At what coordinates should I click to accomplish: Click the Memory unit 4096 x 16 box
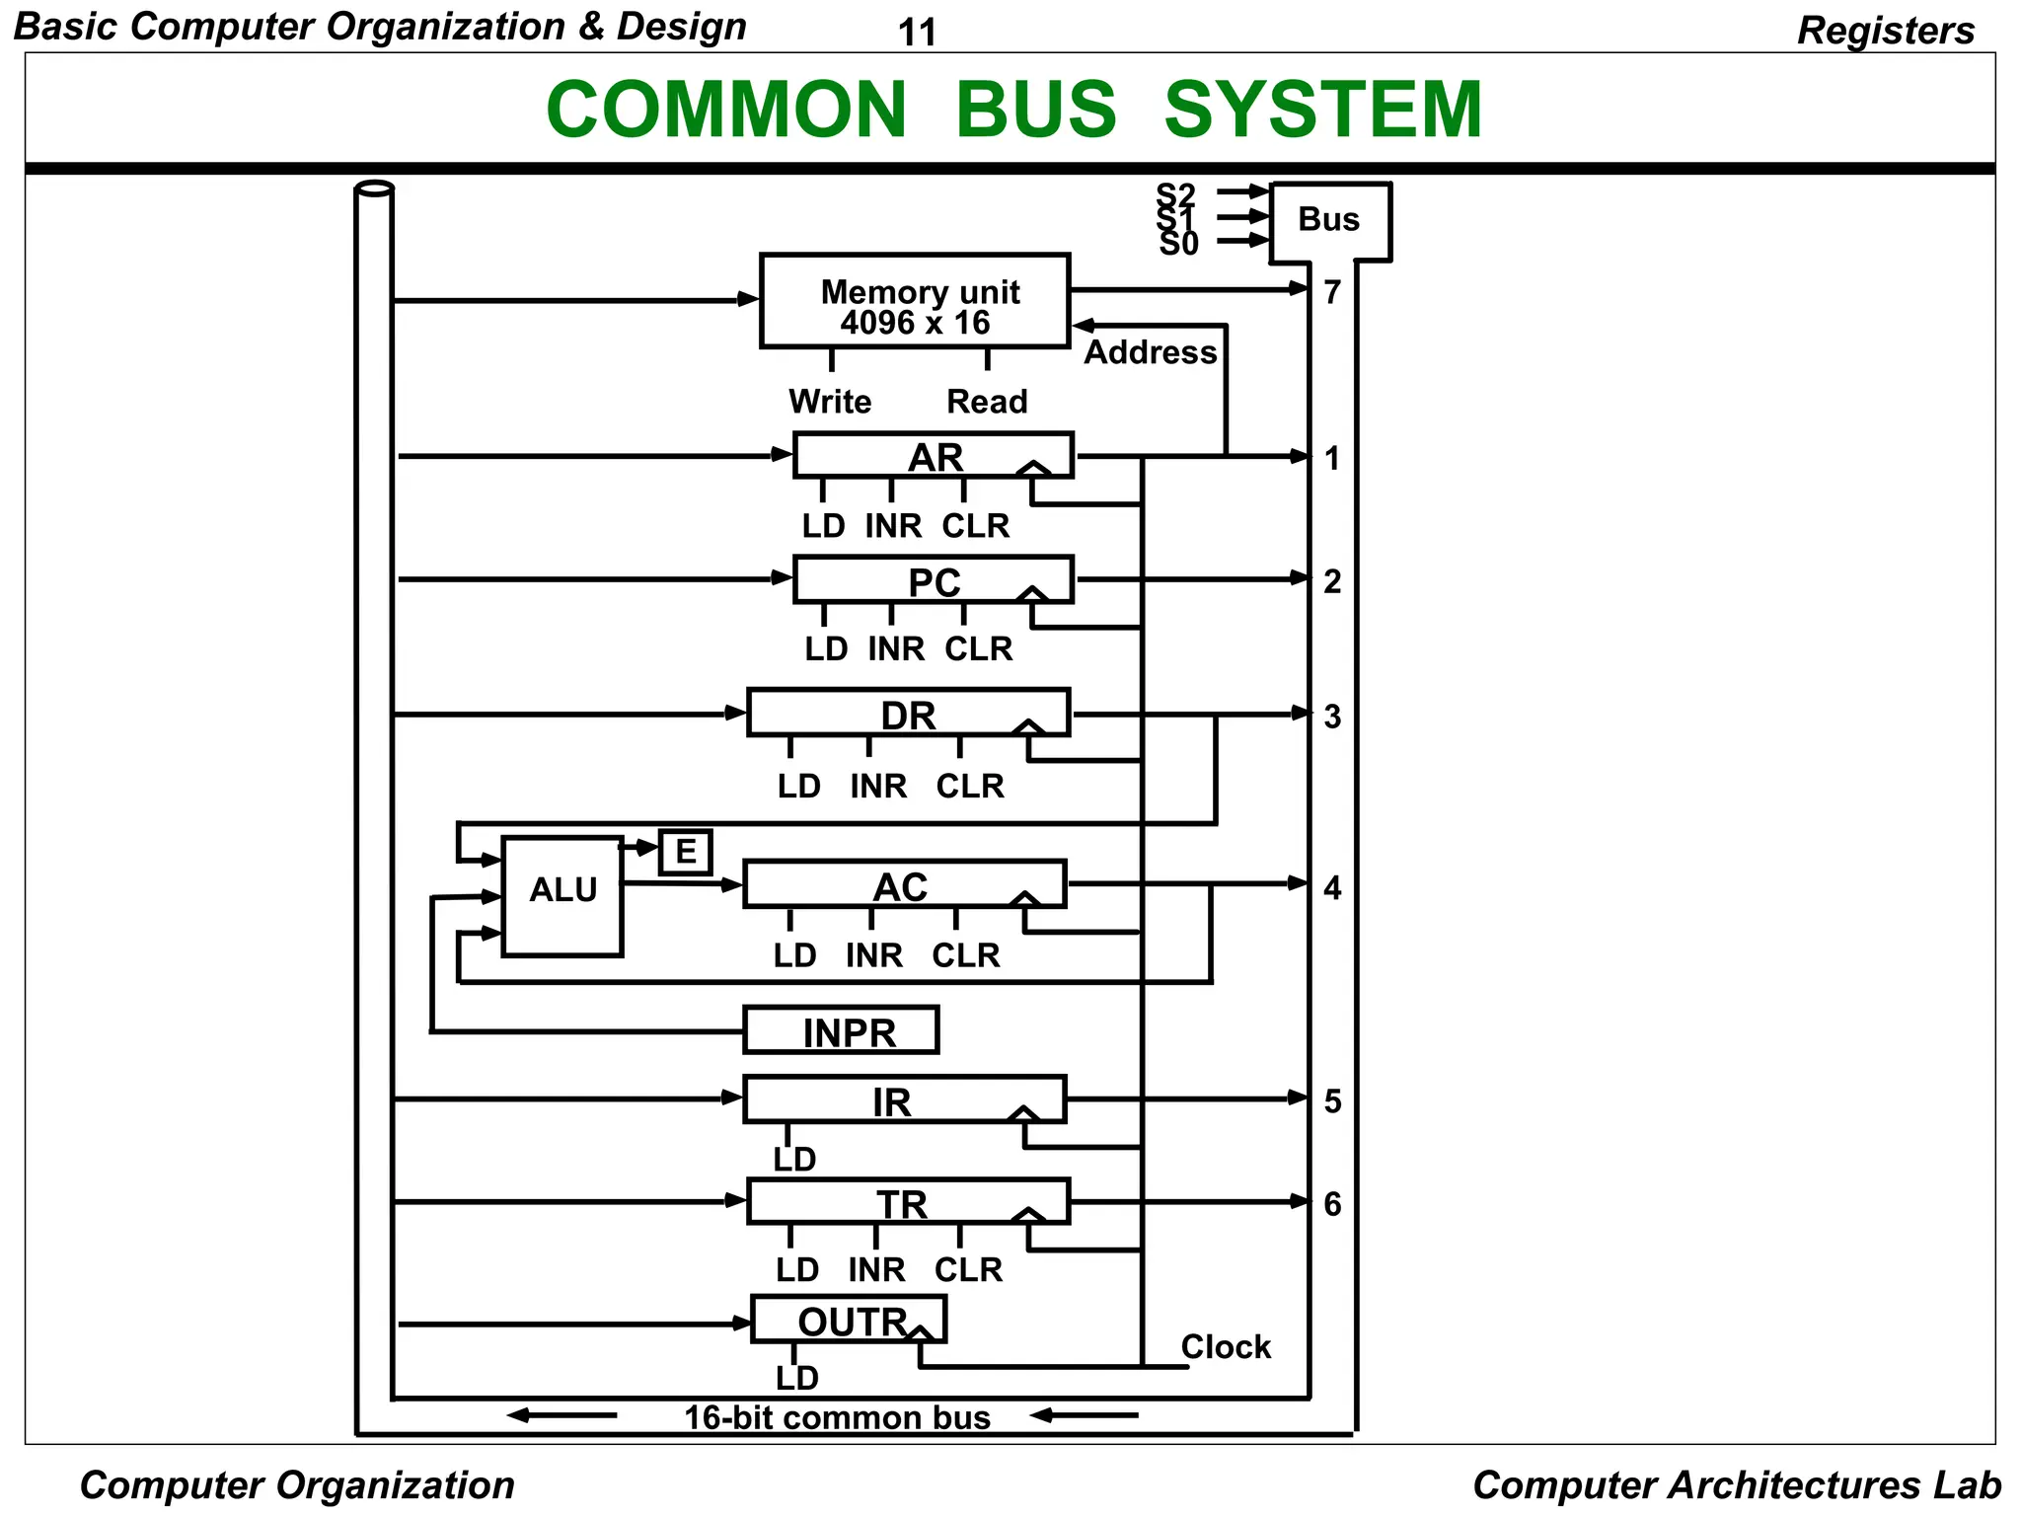coord(915,301)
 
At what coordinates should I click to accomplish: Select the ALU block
coord(562,895)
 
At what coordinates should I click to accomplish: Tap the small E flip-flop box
coord(686,852)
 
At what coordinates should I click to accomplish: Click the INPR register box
coord(841,1031)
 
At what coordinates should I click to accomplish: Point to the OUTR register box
coord(849,1321)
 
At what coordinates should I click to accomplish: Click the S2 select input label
coord(1175,194)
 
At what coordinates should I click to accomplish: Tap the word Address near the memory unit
coord(1151,353)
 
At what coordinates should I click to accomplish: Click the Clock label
coord(1226,1347)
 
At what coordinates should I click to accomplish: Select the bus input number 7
coord(1333,293)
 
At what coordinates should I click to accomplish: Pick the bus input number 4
coord(1333,888)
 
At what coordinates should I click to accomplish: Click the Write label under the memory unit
coord(830,403)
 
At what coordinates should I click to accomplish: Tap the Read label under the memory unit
coord(987,403)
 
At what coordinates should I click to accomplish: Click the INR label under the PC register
coord(896,649)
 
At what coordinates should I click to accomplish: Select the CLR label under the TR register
coord(968,1270)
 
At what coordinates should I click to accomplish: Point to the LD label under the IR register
coord(794,1160)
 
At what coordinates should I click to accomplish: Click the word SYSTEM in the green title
coord(1323,110)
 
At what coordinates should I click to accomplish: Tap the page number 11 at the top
coord(917,34)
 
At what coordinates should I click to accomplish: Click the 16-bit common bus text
coord(837,1418)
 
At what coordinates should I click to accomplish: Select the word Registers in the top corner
coord(1886,31)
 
